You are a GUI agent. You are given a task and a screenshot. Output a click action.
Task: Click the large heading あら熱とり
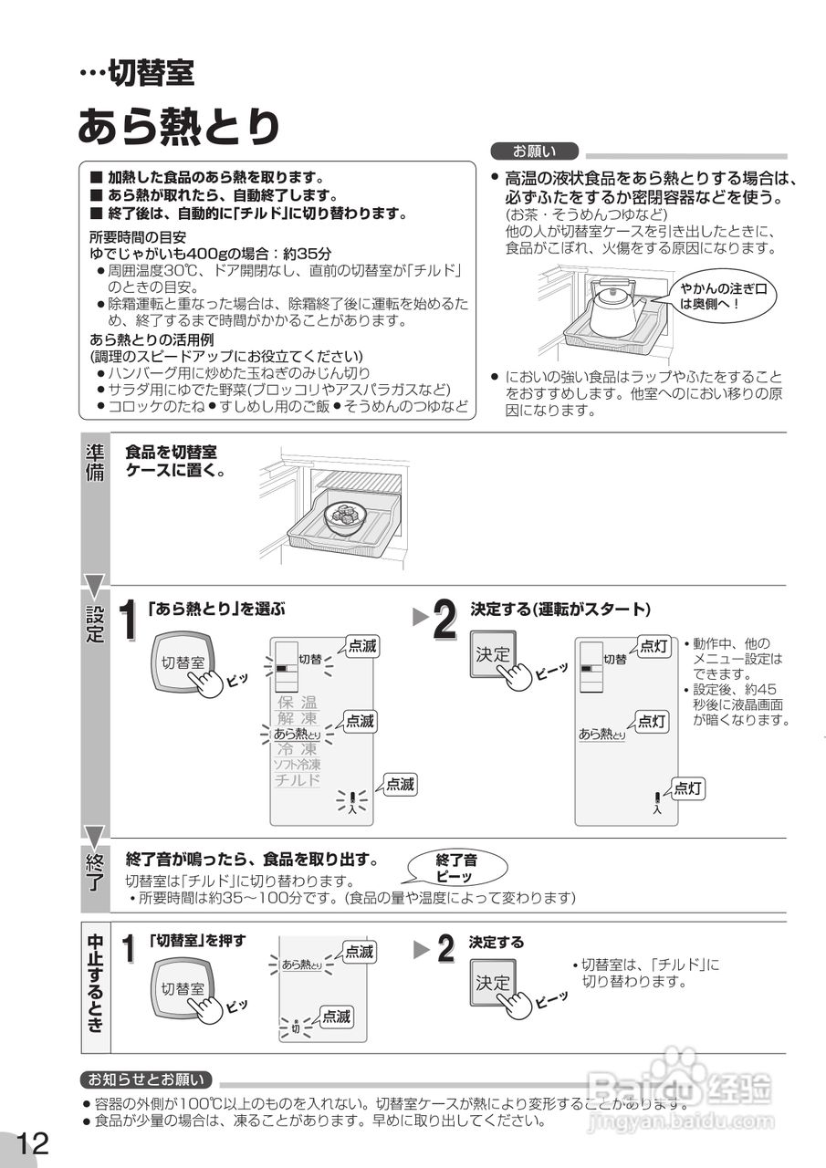[x=178, y=126]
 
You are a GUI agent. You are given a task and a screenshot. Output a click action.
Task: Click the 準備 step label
[x=95, y=464]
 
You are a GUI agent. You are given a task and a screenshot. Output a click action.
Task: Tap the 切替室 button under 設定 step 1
[x=183, y=663]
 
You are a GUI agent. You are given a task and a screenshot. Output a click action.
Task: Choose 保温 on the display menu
[x=298, y=703]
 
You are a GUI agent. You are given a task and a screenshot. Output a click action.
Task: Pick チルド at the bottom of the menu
[x=298, y=780]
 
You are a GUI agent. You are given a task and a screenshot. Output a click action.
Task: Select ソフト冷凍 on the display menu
[x=298, y=764]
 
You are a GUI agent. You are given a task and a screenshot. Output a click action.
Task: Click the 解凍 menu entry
[x=298, y=718]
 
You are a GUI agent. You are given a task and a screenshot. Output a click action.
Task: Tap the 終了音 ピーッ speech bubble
[x=455, y=867]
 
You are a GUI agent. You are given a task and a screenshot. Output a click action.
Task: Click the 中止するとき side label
[x=95, y=983]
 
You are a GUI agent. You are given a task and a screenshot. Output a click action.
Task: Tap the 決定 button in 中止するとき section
[x=493, y=983]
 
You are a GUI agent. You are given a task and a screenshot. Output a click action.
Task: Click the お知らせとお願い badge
[x=146, y=1079]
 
